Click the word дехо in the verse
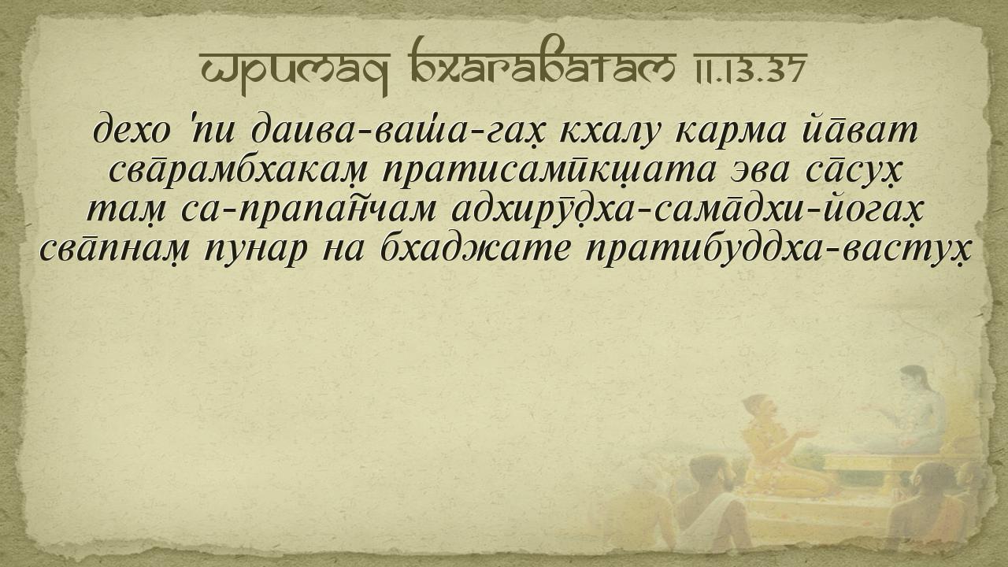pyautogui.click(x=132, y=132)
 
